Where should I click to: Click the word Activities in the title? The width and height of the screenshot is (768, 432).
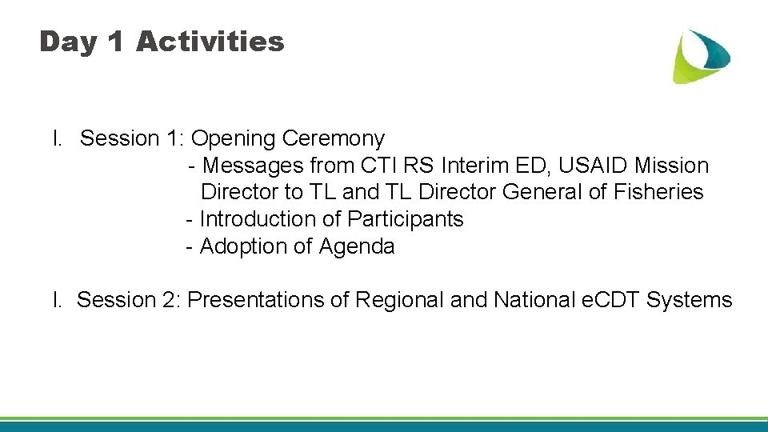[210, 41]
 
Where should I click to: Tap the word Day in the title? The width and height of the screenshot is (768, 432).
[66, 41]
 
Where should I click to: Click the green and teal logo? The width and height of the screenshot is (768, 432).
[700, 55]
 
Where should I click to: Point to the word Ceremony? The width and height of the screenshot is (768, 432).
[334, 139]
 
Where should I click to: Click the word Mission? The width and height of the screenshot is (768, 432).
[671, 166]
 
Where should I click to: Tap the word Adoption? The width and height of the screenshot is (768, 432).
[243, 246]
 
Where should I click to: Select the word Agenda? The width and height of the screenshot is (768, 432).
[357, 246]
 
